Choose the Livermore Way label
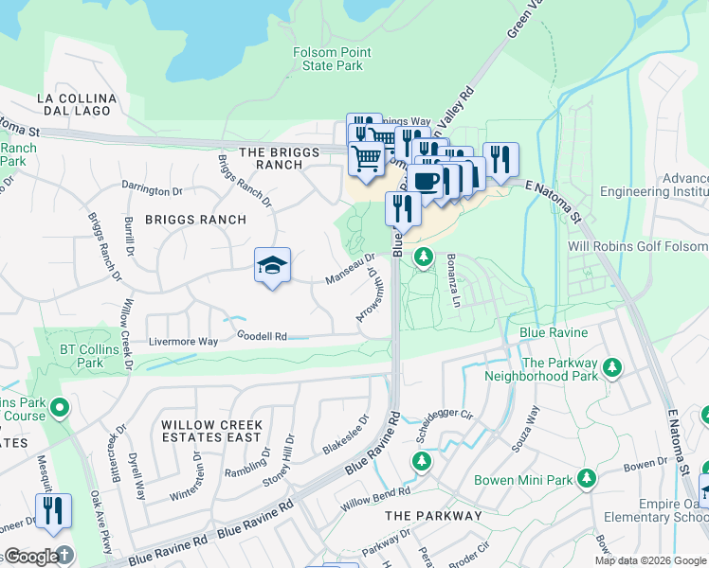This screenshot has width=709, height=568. coord(183,341)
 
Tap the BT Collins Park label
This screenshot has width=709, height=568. coord(82,356)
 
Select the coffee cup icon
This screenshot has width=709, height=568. coord(427,180)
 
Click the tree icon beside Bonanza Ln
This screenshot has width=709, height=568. coord(425,257)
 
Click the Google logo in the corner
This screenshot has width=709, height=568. coord(31,557)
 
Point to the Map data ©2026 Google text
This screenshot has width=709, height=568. coord(649,560)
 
